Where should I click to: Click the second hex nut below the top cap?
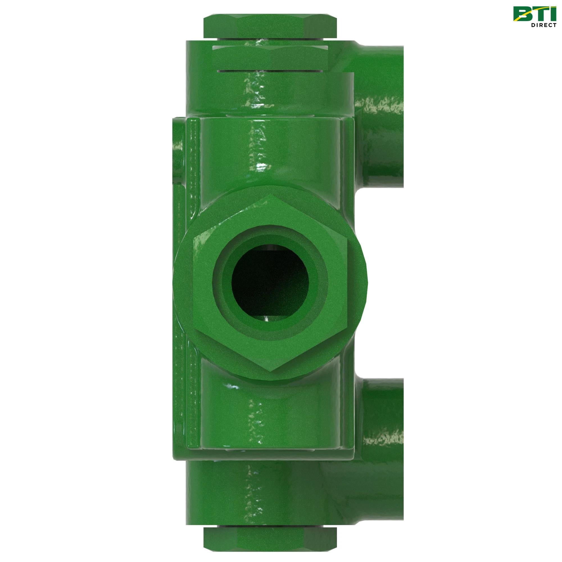point(271,57)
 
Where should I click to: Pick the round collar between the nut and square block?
point(271,93)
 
